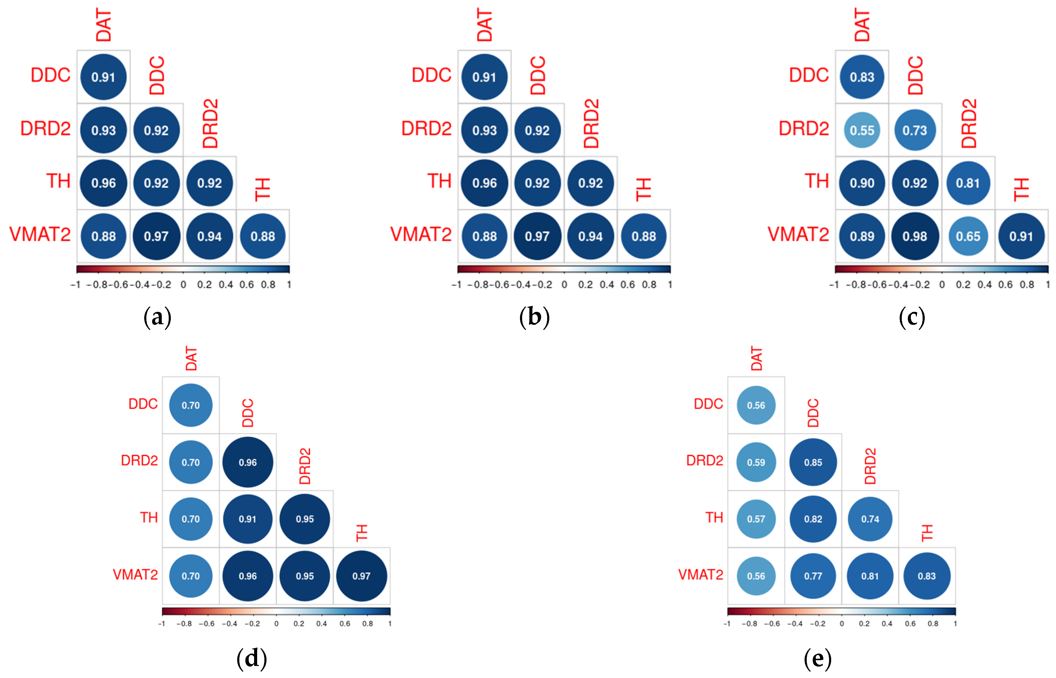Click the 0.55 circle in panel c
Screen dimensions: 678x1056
click(861, 130)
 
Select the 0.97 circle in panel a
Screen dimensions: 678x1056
click(156, 236)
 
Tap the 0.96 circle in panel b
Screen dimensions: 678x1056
click(484, 183)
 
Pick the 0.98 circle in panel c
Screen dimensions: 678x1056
click(914, 236)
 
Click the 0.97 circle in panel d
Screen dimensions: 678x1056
click(361, 576)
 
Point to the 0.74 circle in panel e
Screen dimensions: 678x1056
click(870, 519)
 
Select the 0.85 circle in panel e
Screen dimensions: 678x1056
click(813, 462)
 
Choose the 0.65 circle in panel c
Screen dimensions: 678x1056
click(968, 236)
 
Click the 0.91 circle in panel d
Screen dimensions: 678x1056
click(247, 519)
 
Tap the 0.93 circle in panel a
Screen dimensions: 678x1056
click(104, 130)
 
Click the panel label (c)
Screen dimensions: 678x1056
click(911, 317)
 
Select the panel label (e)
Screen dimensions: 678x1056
click(817, 659)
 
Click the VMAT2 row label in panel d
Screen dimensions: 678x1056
click(135, 575)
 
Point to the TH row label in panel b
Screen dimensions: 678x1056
click(439, 181)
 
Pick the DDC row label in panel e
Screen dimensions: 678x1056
click(708, 404)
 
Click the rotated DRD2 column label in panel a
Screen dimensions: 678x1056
click(210, 124)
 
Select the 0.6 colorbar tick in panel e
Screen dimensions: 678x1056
click(910, 624)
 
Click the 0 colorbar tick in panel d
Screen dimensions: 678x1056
click(276, 624)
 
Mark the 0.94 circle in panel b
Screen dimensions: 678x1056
click(590, 236)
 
